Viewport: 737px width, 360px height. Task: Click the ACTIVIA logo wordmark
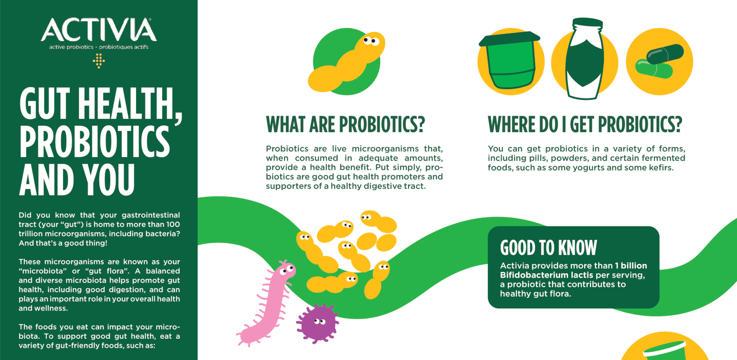(x=99, y=30)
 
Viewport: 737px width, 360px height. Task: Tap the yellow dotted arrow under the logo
(x=99, y=61)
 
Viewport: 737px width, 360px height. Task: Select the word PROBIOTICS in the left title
(x=95, y=142)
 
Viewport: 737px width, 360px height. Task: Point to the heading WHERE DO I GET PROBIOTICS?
(x=585, y=125)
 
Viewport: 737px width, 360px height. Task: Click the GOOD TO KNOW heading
(x=548, y=248)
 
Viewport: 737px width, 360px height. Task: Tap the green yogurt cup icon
(x=511, y=63)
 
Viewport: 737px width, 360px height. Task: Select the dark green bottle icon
(x=585, y=59)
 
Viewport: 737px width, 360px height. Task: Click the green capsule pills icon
(x=659, y=61)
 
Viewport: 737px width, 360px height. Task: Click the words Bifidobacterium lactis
(x=546, y=275)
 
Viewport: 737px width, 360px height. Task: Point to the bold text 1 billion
(x=631, y=266)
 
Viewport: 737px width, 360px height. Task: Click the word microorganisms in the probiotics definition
(x=385, y=149)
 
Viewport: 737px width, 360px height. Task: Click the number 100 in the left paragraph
(x=173, y=224)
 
